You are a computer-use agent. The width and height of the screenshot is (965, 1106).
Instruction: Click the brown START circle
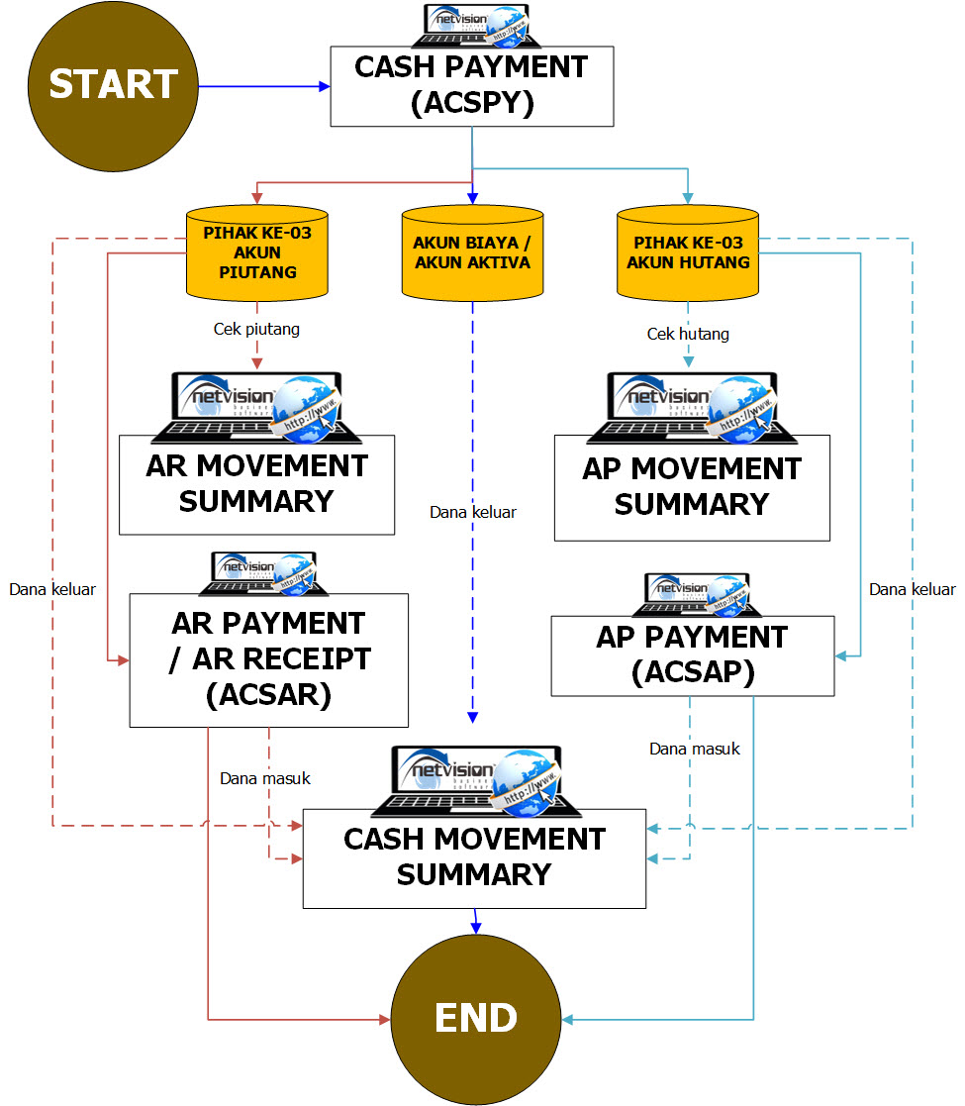[114, 85]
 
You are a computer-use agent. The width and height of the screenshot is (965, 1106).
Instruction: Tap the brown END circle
[476, 1019]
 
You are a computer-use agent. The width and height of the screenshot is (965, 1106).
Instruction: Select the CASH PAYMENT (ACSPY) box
[471, 86]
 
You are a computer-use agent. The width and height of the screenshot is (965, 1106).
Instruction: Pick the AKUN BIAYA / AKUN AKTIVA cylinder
[472, 253]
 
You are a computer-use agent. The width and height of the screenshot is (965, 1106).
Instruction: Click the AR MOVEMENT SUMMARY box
[257, 484]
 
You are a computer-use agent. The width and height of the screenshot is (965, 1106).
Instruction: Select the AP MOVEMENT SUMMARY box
[691, 487]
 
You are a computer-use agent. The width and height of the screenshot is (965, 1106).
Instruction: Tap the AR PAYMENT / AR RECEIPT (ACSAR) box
[269, 659]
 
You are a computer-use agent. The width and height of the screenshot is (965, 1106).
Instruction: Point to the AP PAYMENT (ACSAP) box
[692, 655]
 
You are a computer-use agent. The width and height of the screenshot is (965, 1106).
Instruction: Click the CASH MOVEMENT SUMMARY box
[474, 857]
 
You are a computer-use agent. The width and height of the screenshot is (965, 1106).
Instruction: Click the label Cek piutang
[256, 329]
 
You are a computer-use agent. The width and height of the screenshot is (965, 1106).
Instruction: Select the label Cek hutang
[688, 334]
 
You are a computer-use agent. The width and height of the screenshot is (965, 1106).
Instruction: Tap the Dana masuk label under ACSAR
[265, 778]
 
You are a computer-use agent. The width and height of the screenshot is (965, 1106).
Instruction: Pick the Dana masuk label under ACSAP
[695, 749]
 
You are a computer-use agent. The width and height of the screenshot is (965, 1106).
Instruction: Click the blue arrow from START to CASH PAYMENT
[263, 86]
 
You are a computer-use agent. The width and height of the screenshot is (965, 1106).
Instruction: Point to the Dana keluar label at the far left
[52, 589]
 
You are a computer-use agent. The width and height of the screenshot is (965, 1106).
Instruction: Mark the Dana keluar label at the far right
[913, 589]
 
